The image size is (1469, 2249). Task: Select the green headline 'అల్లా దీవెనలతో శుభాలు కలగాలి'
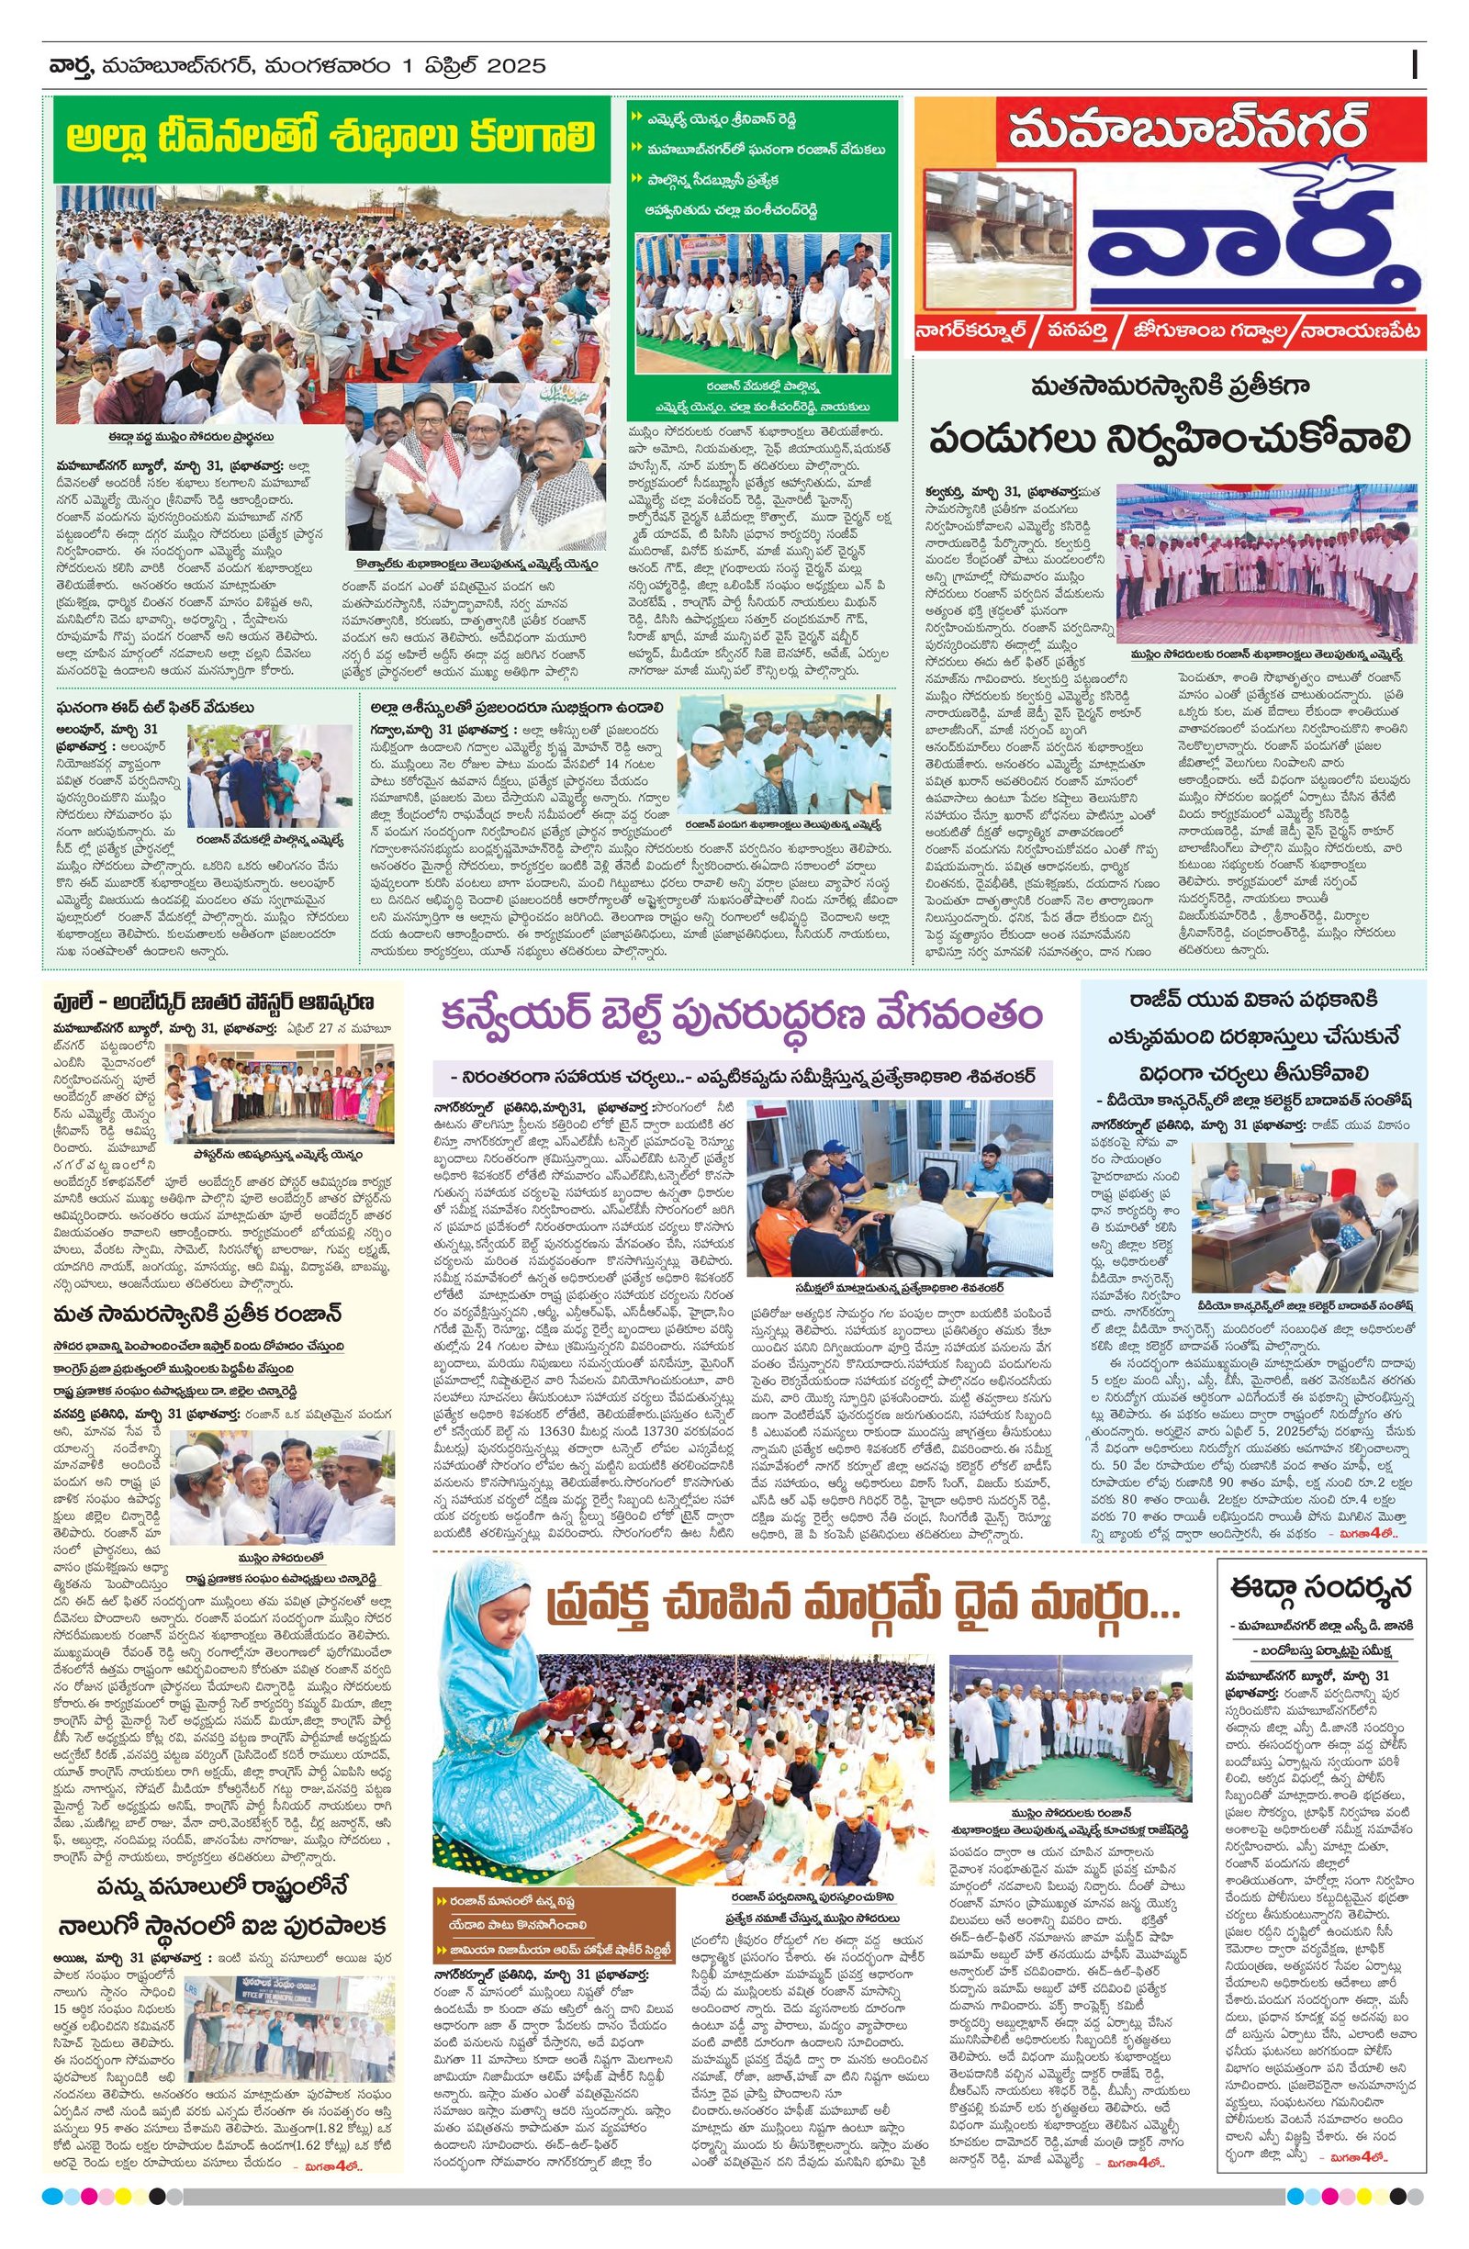pos(331,136)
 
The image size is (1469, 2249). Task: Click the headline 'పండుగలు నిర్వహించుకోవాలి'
pos(1169,440)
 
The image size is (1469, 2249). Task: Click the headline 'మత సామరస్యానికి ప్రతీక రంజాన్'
pos(196,1314)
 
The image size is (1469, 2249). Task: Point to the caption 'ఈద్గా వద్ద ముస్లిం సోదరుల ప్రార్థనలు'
pos(191,438)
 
